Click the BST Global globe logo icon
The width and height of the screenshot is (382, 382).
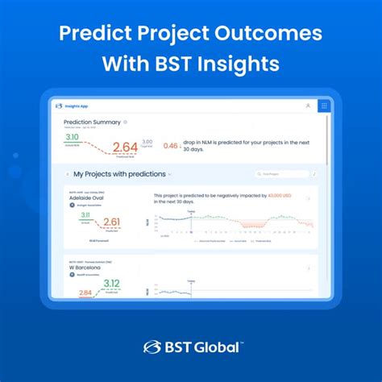click(152, 347)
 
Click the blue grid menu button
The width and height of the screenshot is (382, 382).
click(323, 106)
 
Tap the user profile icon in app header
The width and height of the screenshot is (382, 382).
click(308, 106)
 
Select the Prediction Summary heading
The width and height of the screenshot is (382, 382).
click(92, 122)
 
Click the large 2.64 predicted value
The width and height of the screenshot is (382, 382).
click(125, 147)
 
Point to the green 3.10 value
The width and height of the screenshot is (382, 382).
click(72, 138)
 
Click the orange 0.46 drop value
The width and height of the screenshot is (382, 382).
click(171, 147)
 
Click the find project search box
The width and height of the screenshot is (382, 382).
click(282, 173)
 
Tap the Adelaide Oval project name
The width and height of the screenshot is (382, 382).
click(90, 197)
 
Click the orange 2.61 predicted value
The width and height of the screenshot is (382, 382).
click(111, 222)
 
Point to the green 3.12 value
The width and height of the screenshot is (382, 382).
click(111, 283)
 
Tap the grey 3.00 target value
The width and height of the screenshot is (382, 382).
click(147, 143)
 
